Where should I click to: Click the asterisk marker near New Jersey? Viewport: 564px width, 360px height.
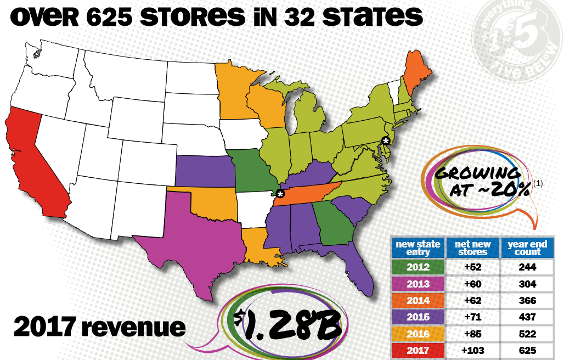[387, 141]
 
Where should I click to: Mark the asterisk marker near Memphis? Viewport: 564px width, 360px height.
[280, 194]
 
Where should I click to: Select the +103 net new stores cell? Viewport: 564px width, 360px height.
[472, 350]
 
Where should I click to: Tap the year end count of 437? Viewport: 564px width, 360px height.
[527, 317]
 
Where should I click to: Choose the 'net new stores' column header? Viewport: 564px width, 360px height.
[472, 248]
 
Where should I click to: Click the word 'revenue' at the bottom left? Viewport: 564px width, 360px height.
[139, 327]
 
